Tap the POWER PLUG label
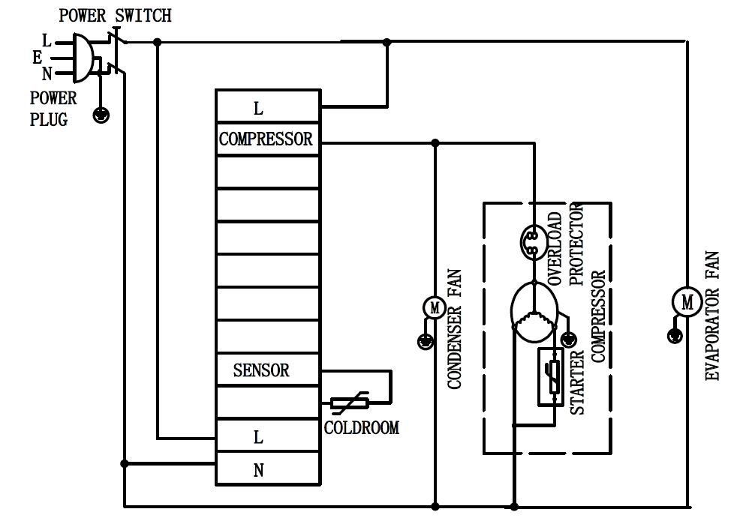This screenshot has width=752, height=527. point(53,109)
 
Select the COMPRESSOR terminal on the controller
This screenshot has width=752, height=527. point(266,139)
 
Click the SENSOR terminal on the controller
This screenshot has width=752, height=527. point(261,370)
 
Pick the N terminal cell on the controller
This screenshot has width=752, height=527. point(259,471)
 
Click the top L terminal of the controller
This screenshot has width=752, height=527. point(259,109)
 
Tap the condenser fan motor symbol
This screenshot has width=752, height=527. point(434,307)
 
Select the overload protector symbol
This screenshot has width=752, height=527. point(532,241)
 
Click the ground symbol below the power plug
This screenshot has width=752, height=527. point(100,115)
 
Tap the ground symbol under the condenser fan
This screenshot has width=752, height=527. point(425,342)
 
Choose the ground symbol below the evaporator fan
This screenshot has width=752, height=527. point(675,335)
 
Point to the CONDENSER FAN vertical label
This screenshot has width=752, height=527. point(455,329)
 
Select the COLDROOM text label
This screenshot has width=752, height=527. point(362,428)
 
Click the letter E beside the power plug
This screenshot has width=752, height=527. point(37,57)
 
